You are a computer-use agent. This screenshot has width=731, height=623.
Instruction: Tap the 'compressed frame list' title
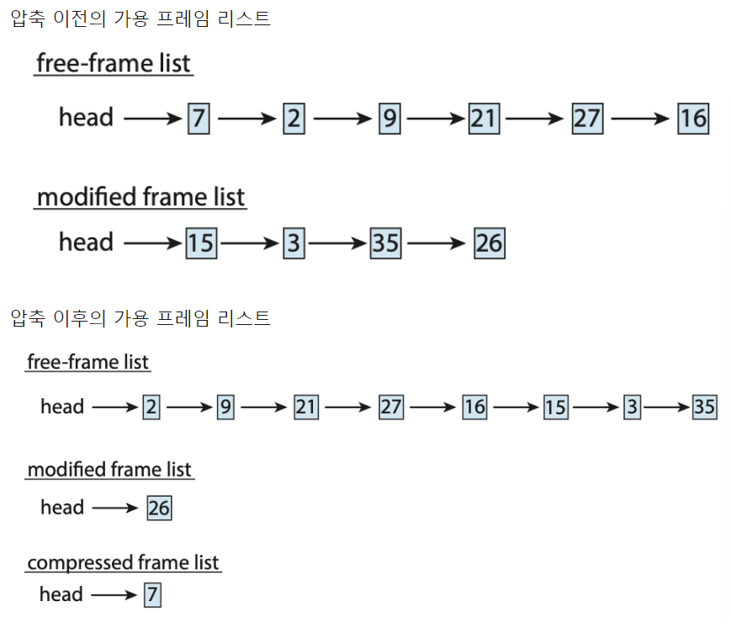click(x=123, y=562)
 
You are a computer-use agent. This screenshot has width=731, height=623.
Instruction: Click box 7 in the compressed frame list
click(x=151, y=594)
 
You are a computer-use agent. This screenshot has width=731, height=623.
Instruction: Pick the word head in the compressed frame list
click(x=61, y=594)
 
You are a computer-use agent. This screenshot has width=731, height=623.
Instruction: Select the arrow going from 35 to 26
click(x=436, y=244)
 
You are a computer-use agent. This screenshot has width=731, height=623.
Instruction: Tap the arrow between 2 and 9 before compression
click(x=341, y=119)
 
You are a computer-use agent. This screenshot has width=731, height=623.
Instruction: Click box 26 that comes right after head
click(x=158, y=508)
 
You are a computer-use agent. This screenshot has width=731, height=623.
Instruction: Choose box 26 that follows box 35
click(x=489, y=244)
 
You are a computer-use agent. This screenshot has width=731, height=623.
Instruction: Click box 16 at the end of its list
click(x=693, y=118)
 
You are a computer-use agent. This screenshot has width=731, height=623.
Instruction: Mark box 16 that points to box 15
click(x=474, y=407)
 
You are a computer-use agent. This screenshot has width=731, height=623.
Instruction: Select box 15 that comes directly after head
click(x=200, y=244)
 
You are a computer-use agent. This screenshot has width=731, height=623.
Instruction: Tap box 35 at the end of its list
click(x=704, y=407)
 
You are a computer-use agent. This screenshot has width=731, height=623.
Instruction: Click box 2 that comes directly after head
click(x=151, y=407)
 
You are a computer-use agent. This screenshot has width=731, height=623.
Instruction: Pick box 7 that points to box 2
click(x=199, y=118)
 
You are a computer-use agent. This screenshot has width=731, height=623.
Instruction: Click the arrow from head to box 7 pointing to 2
click(x=153, y=119)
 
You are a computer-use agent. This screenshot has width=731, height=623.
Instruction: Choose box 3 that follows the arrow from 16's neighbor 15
click(x=633, y=407)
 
